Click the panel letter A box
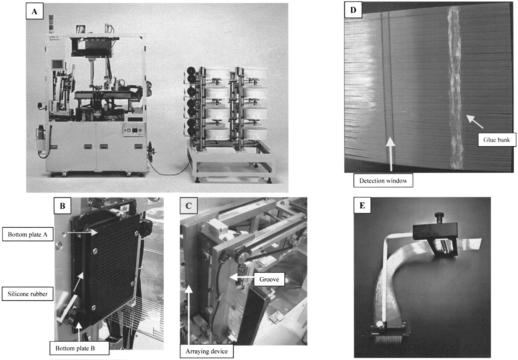click(34, 11)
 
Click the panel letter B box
click(62, 206)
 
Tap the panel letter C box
click(189, 206)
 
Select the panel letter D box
click(353, 10)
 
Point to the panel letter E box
click(363, 205)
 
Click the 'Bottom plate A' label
click(28, 235)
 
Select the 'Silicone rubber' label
click(28, 294)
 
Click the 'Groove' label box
click(269, 279)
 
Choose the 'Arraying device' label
click(207, 351)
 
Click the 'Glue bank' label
click(497, 140)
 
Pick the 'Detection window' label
click(383, 181)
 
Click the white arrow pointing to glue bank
click(475, 121)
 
